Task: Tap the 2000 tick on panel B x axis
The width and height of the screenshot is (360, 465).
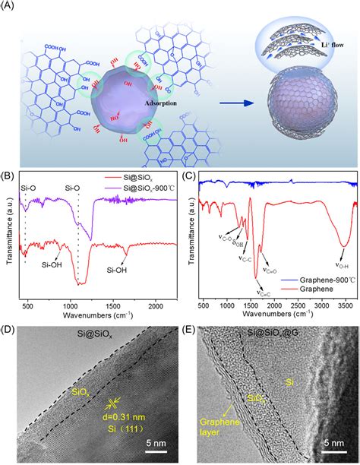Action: pyautogui.click(x=153, y=305)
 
